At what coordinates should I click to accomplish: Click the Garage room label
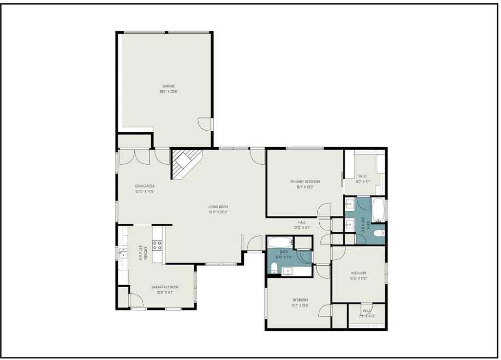[169, 86]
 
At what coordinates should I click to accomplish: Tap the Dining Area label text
[145, 186]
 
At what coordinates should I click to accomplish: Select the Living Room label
[218, 207]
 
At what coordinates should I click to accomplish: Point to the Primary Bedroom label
[305, 182]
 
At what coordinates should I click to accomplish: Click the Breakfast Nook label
[165, 287]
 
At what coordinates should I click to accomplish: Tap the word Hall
[302, 222]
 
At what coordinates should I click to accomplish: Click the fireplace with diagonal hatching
[185, 163]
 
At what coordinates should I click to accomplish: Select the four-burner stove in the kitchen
[157, 245]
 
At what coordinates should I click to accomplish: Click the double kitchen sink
[123, 252]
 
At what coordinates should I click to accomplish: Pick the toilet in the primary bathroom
[379, 234]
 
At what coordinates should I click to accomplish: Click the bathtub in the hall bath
[280, 242]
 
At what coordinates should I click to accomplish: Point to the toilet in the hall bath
[275, 267]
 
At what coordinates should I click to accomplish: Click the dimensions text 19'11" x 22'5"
[218, 212]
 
